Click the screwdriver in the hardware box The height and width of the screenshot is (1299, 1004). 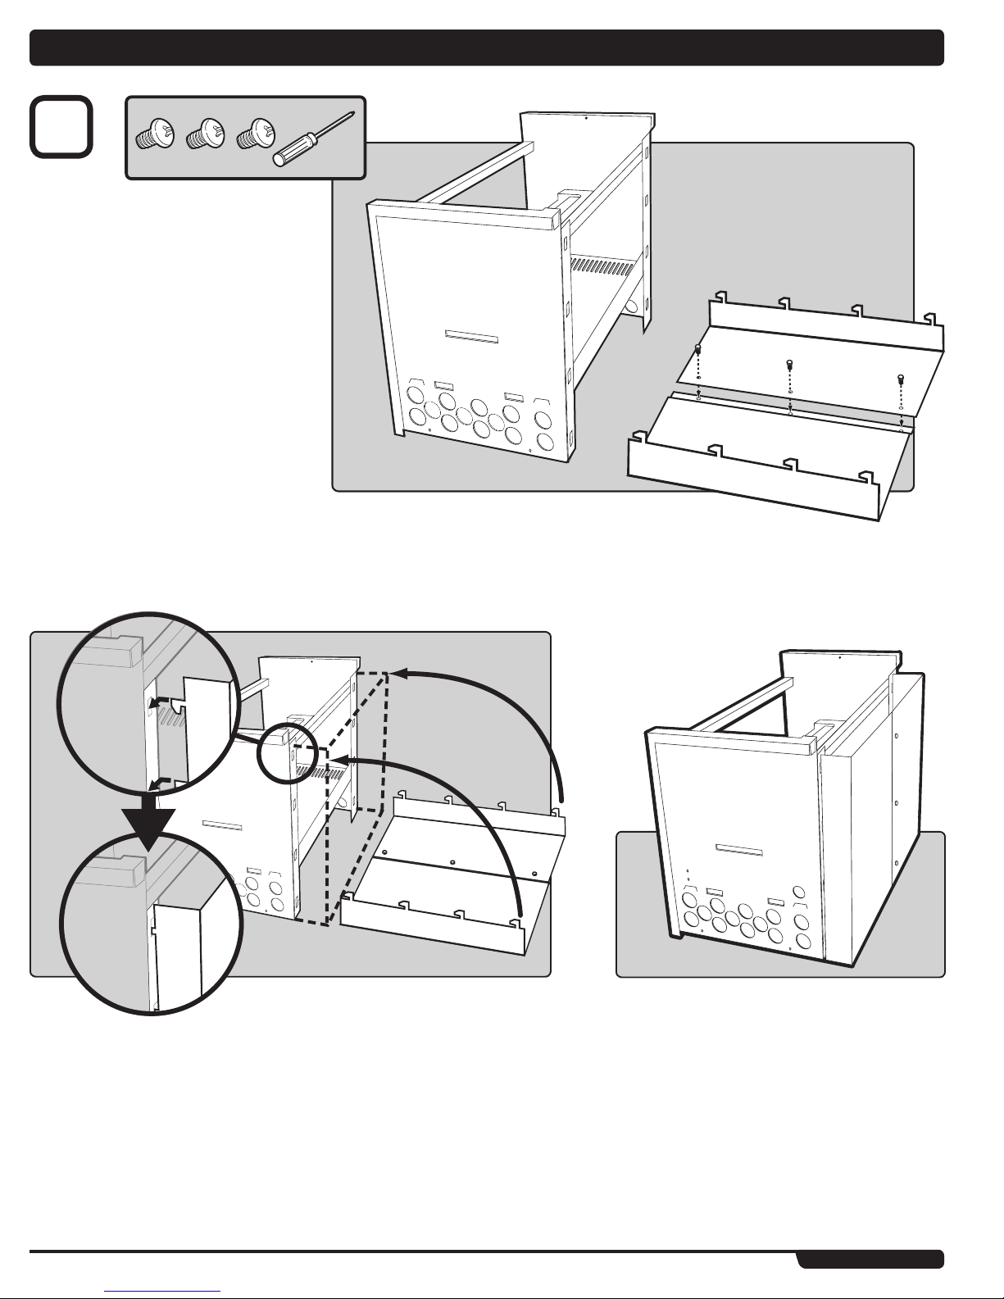click(315, 139)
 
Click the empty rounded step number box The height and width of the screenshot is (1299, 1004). click(61, 127)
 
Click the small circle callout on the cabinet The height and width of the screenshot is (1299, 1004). click(284, 746)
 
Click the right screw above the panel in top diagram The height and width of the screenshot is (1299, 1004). click(901, 379)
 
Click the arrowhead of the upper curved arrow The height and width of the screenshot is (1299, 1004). click(398, 674)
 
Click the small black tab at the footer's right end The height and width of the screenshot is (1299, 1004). click(870, 1258)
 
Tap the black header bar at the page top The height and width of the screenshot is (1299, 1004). click(487, 48)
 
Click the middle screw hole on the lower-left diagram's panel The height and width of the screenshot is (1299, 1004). click(452, 862)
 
